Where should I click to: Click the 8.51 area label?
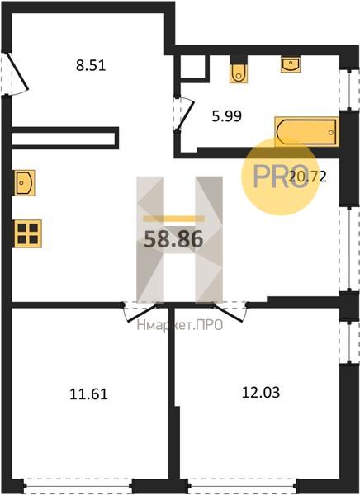click(91, 66)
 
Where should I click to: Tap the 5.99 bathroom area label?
click(226, 116)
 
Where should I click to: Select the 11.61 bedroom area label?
click(88, 394)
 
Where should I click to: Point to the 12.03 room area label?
click(261, 393)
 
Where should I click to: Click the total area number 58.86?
click(173, 239)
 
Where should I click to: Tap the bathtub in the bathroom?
click(306, 132)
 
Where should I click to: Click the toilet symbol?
click(239, 73)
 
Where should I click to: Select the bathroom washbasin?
click(291, 64)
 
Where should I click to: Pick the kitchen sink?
click(24, 182)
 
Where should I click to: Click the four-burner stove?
click(28, 233)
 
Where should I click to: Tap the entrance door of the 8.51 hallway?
click(17, 73)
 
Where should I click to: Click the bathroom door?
click(183, 114)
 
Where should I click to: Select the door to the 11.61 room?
click(140, 312)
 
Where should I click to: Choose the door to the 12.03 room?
click(230, 312)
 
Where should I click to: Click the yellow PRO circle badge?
click(280, 177)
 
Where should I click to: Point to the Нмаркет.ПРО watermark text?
click(180, 325)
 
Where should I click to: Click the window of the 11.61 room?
click(78, 486)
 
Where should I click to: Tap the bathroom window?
click(349, 90)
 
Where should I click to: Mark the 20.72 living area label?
click(307, 177)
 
